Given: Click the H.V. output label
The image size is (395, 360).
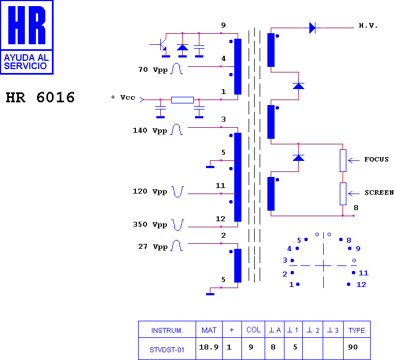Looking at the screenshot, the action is (x=368, y=25).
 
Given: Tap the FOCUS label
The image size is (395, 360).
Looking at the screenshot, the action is (x=376, y=159).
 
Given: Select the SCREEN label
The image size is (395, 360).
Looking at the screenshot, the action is (x=380, y=192).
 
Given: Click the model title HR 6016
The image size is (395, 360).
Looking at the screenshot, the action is (x=40, y=97).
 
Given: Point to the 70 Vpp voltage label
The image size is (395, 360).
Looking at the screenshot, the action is (x=153, y=70).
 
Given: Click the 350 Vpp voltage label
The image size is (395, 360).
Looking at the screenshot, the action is (x=150, y=225).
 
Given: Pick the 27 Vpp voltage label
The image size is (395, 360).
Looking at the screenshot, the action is (x=153, y=247).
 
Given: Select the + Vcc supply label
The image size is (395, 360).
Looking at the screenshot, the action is (x=123, y=97).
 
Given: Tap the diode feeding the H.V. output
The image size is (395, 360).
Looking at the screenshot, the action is (x=312, y=28).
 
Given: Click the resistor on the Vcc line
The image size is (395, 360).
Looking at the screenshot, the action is (x=182, y=100).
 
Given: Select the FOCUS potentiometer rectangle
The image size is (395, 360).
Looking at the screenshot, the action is (x=343, y=160).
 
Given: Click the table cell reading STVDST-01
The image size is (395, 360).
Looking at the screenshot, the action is (x=167, y=350).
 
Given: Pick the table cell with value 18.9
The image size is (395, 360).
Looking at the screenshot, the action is (x=209, y=347).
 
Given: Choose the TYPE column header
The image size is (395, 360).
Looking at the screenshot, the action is (x=356, y=330).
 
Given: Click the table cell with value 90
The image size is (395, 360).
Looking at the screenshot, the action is (x=352, y=347).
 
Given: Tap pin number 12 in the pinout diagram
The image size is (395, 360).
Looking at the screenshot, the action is (x=361, y=285).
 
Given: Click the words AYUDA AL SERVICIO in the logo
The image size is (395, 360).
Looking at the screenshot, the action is (x=26, y=62).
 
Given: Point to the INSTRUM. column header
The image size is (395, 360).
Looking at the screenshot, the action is (x=167, y=331).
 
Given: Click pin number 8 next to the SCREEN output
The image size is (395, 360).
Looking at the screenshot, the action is (x=356, y=208).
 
